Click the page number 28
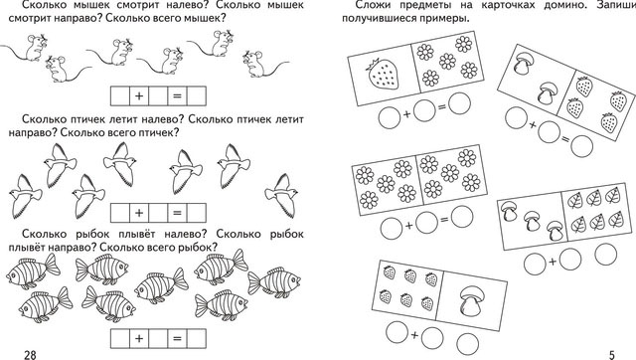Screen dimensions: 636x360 point(30,355)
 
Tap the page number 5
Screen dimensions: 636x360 point(612,355)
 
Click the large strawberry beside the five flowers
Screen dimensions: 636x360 point(382,75)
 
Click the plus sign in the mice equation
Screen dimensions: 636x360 point(139,96)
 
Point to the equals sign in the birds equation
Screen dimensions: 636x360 point(177,213)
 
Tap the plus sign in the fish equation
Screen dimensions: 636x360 point(139,338)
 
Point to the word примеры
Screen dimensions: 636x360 point(446,20)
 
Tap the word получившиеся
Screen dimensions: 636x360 point(381,20)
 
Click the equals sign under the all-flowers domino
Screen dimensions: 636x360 point(445,220)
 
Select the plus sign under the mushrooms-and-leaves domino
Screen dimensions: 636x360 point(553,263)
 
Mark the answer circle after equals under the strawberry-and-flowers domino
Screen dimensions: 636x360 point(459,102)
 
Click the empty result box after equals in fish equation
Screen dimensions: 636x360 point(197,338)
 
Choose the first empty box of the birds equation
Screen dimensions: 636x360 point(120,213)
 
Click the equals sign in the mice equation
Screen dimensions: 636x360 point(177,96)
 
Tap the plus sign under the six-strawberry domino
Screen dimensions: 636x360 point(414,335)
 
